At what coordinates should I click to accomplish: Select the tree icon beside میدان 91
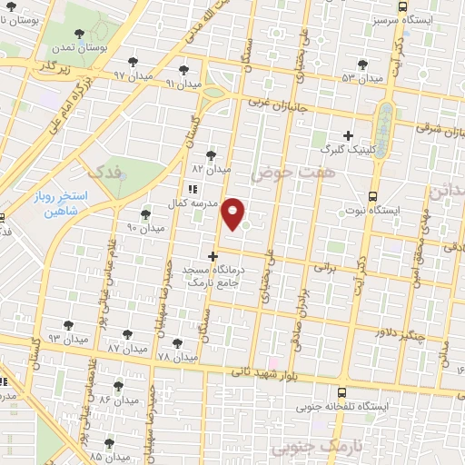tap(185, 69)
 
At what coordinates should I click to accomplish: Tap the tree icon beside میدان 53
tap(363, 64)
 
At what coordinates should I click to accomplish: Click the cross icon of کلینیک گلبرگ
tap(348, 135)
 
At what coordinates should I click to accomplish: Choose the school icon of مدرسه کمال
tap(192, 189)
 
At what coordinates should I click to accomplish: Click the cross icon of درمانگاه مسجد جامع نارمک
tap(213, 256)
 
